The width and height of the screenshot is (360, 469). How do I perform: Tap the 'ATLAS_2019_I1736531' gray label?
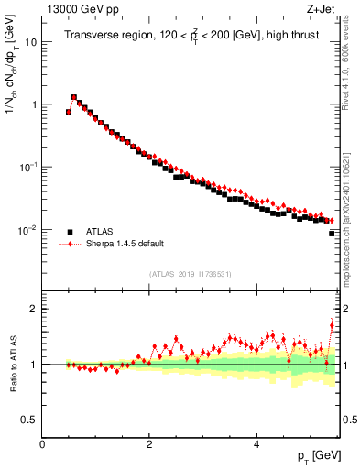[x=191, y=274]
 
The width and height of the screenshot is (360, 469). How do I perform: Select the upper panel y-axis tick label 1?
[x=34, y=104]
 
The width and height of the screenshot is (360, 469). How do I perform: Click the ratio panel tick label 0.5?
[x=29, y=420]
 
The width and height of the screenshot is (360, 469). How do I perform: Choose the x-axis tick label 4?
[x=256, y=444]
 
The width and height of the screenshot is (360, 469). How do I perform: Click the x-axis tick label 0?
[x=42, y=444]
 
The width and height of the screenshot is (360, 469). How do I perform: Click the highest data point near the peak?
[x=74, y=96]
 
